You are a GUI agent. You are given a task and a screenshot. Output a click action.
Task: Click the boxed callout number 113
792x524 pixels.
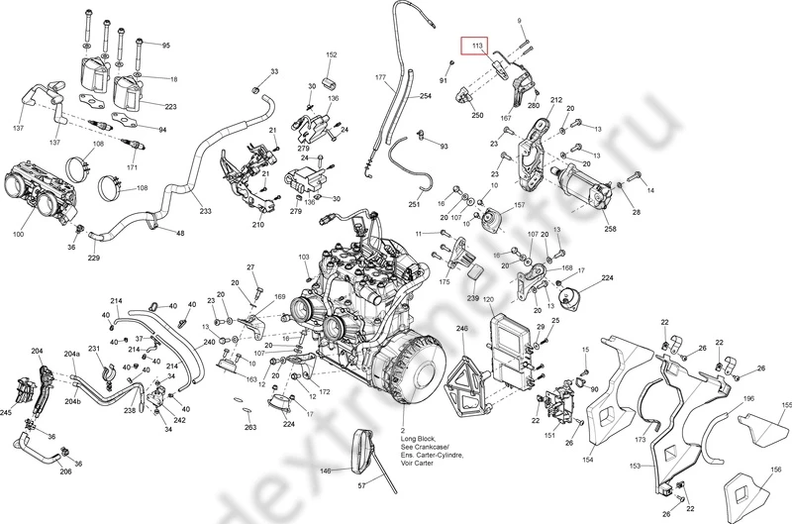pos(477,46)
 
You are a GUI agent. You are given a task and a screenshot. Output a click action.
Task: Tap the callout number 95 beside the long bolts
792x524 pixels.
pos(165,47)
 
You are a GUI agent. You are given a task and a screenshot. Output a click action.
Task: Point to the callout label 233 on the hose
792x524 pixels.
pos(205,211)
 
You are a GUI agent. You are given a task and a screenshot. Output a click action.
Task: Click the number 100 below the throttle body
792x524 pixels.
pos(19,234)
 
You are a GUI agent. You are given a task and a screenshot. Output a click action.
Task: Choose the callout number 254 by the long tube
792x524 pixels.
pos(426,96)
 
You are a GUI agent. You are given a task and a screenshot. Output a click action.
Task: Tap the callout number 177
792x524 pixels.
pos(379,76)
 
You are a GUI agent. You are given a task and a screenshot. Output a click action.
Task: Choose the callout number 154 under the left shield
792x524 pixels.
pos(587,461)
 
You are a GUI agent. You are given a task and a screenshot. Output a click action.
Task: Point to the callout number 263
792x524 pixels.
pos(250,427)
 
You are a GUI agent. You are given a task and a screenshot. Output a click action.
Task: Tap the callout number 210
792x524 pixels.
pos(258,225)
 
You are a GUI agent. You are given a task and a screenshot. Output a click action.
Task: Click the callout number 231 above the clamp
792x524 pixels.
pos(94,350)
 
